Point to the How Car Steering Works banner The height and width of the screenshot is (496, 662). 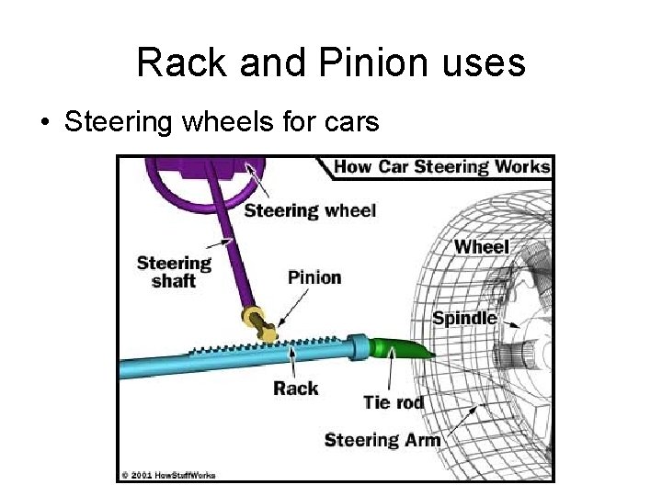[441, 167]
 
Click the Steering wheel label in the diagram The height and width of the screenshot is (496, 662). [310, 210]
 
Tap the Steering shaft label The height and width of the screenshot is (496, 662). [174, 272]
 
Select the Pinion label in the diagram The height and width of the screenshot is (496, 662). [314, 277]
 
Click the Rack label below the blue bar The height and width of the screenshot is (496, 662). [295, 388]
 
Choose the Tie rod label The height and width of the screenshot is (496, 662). [394, 402]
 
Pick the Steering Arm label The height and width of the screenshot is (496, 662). [382, 440]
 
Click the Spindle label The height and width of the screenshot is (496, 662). [464, 319]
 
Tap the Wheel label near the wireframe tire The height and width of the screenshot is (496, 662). [481, 246]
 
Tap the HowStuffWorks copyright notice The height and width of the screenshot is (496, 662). [166, 475]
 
